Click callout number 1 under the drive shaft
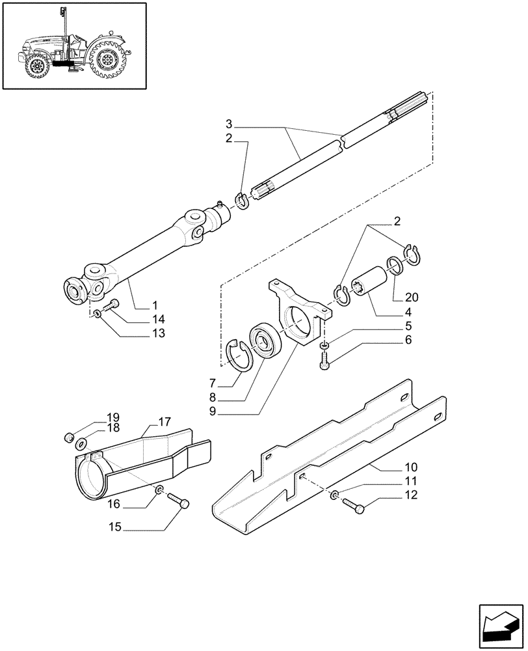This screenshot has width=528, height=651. (155, 305)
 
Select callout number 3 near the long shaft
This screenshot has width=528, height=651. (229, 124)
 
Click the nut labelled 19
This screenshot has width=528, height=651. (69, 437)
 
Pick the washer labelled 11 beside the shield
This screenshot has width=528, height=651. (332, 496)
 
